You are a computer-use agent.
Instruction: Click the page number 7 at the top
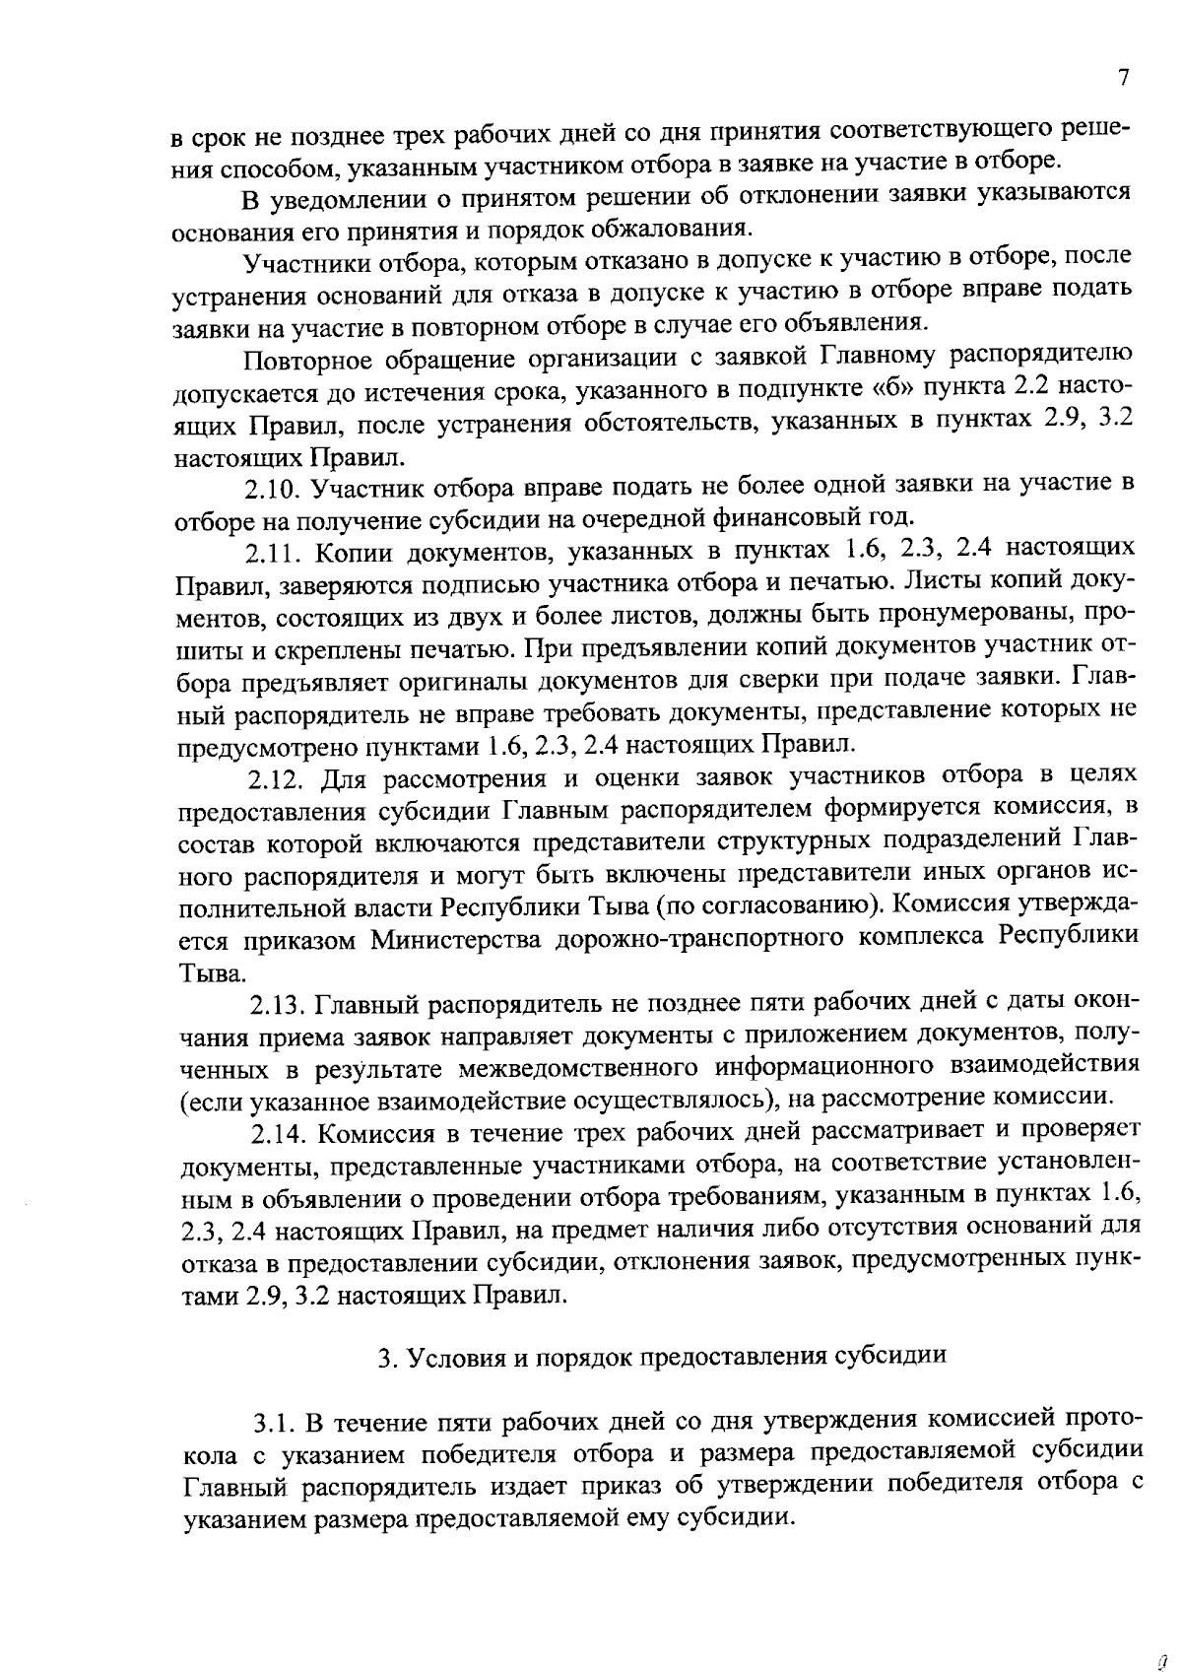1123,79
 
